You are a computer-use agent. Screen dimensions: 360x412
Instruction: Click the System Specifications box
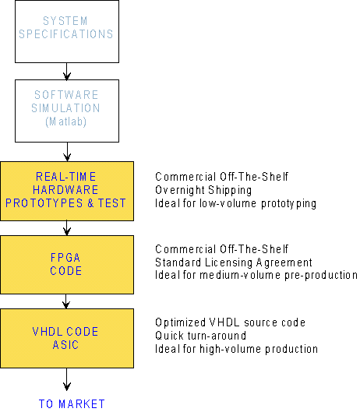coord(67,31)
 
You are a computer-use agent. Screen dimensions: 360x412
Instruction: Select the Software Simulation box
coord(67,111)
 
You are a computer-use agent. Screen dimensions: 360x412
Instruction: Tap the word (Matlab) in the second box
coord(65,121)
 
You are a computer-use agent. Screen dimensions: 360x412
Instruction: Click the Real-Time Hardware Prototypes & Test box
coord(67,191)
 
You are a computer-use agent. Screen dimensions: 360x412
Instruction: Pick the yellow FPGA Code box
coord(67,265)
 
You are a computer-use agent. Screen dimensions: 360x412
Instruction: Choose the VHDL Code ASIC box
coord(67,338)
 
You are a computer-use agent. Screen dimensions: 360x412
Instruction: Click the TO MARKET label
coord(72,404)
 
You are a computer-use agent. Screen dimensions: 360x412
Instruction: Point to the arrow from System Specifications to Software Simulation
coord(67,72)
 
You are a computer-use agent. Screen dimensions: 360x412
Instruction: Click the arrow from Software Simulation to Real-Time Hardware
coord(67,152)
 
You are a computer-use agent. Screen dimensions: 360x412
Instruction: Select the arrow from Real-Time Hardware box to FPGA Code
coord(67,228)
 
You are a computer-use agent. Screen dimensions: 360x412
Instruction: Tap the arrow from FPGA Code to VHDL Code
coord(66,301)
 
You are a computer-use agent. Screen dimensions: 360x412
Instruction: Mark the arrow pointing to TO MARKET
coord(67,379)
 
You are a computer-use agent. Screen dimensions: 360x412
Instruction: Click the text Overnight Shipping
coord(203,190)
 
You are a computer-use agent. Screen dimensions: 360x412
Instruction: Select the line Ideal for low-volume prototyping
coord(235,203)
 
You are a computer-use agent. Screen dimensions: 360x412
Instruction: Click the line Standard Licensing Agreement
coord(234,262)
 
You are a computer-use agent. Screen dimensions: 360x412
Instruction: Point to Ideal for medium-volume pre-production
coord(256,275)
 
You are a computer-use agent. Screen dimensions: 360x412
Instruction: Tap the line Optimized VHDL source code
coord(230,322)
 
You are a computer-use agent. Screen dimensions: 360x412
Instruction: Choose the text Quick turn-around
coord(200,336)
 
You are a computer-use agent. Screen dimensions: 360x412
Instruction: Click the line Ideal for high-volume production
coord(236,349)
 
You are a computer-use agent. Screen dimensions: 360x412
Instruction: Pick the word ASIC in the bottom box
coord(65,345)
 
